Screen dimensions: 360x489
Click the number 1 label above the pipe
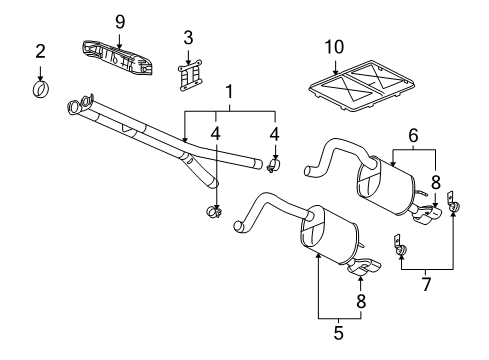(230, 92)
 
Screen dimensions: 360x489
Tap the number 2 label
(40, 51)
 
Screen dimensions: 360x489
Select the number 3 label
(187, 38)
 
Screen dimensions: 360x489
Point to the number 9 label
(119, 21)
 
